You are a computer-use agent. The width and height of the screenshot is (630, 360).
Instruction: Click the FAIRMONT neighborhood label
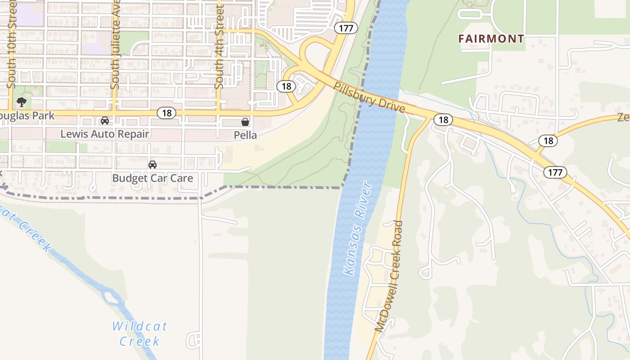491,39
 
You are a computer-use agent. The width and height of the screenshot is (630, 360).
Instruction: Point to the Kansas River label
358,229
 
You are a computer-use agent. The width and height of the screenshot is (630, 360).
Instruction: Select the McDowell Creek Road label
389,276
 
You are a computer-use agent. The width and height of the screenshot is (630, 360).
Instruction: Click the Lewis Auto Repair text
104,134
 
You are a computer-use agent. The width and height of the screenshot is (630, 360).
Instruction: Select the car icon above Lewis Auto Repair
105,121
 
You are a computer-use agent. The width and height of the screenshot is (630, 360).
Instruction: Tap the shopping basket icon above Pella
245,121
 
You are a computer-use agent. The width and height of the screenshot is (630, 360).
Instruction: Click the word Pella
245,135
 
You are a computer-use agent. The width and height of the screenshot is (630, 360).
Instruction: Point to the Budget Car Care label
153,178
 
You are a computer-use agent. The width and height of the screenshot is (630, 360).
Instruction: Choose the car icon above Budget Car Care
153,165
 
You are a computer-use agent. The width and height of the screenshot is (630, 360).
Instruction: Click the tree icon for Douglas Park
21,102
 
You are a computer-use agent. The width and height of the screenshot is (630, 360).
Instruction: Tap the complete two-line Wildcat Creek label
139,333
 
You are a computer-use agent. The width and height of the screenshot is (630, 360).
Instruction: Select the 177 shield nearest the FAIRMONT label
346,28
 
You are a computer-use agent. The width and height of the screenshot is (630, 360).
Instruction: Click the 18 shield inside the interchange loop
286,86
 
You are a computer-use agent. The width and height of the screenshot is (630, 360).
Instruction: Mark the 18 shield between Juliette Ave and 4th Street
166,112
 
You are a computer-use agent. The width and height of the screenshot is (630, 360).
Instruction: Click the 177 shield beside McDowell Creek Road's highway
555,172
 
